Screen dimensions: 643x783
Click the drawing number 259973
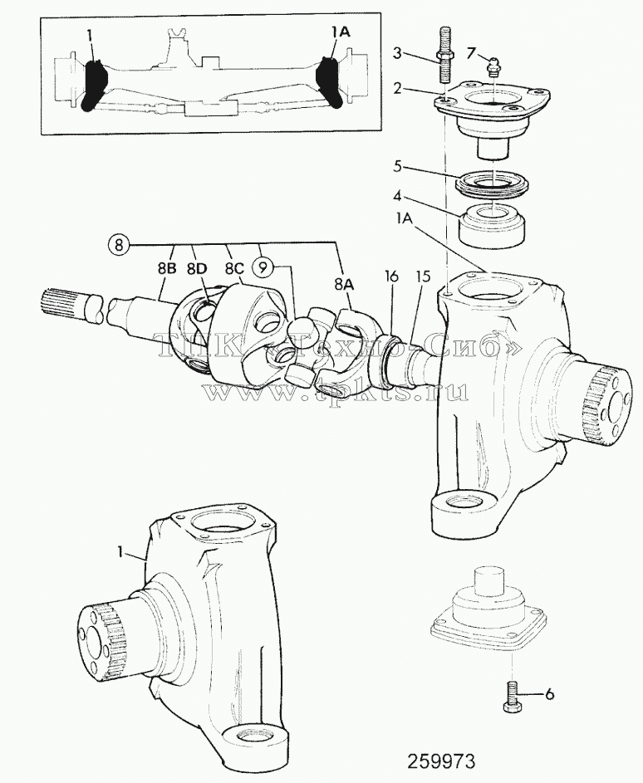click(x=441, y=761)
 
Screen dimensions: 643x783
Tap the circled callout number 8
click(x=118, y=245)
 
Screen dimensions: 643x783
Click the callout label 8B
click(x=166, y=268)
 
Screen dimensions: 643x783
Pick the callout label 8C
click(x=233, y=268)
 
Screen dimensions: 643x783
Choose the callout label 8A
click(x=344, y=285)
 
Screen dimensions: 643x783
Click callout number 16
click(x=391, y=276)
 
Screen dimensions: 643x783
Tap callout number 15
click(x=423, y=276)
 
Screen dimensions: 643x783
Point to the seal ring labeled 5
click(x=491, y=183)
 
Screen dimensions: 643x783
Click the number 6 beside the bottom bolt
click(x=549, y=694)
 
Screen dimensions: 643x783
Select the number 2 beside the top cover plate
click(x=397, y=89)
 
